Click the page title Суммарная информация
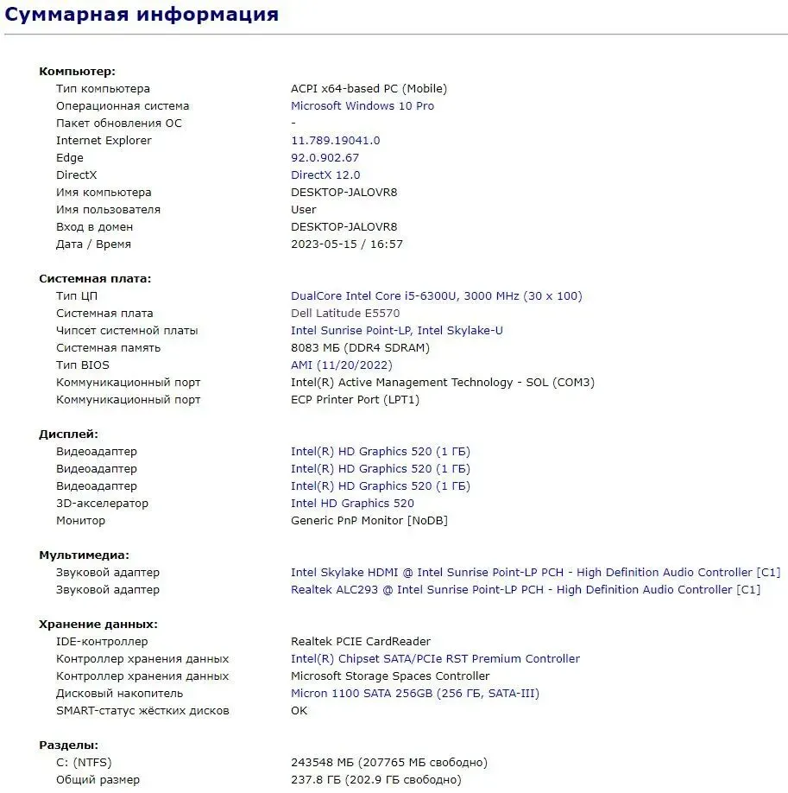point(142,15)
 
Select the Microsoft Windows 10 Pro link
point(362,106)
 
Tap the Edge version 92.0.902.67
point(325,158)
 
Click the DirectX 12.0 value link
point(325,175)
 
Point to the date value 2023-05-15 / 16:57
point(347,244)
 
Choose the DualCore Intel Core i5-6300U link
point(436,296)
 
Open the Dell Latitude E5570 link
point(345,314)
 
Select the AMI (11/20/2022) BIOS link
point(342,365)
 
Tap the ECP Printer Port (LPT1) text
point(356,400)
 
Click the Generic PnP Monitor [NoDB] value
point(369,521)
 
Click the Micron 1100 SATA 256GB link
point(414,694)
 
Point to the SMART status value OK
point(299,711)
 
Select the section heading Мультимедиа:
point(84,555)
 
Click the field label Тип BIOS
point(85,365)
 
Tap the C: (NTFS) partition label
point(84,763)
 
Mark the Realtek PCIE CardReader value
point(361,642)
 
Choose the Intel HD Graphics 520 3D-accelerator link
point(352,504)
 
